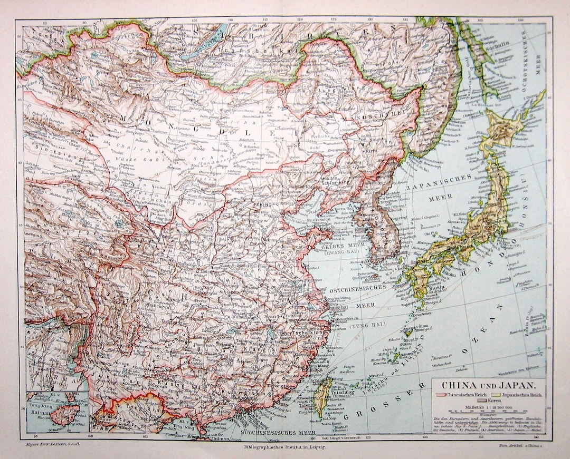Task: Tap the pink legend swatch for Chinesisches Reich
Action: coord(440,395)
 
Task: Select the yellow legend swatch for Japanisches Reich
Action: coord(494,395)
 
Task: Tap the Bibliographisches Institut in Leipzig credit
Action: coord(282,447)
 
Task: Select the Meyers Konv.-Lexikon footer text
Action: coord(47,446)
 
